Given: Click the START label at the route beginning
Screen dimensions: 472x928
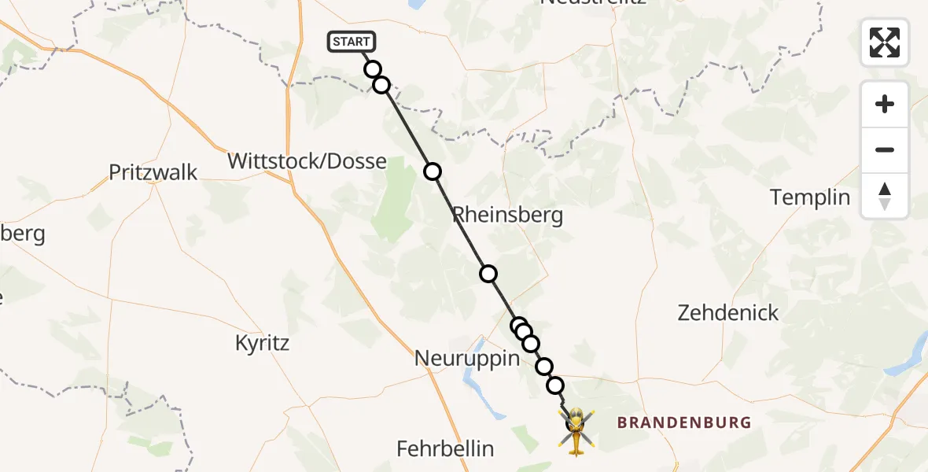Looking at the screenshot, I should point(352,42).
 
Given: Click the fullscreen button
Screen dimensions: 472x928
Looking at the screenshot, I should point(885,42).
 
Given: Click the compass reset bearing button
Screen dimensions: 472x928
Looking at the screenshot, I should point(885,196).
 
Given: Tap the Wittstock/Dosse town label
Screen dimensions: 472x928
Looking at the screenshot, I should point(307,162).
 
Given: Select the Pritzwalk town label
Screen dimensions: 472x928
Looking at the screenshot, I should point(153,172).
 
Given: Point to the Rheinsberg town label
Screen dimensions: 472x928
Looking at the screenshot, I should point(508,216).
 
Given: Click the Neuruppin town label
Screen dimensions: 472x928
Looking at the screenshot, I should point(468,360).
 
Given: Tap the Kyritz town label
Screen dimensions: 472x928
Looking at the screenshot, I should point(263,343).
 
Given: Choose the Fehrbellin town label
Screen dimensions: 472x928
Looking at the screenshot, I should point(445,449).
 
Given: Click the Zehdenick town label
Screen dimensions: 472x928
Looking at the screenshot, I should point(728,313).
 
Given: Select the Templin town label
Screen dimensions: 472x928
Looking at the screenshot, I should point(810,197).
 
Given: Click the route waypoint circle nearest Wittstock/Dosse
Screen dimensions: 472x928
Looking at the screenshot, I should point(433,171).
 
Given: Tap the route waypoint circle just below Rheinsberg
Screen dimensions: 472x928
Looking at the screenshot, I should point(488,274).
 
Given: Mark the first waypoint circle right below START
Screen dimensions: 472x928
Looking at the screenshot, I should point(373,69).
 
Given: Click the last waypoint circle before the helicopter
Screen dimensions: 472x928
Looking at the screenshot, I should point(555,385).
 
